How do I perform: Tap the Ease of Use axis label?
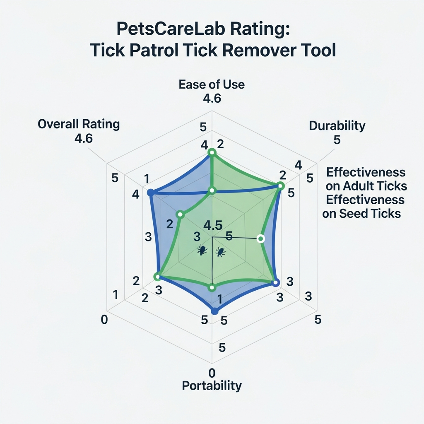212,85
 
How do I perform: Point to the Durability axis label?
337,126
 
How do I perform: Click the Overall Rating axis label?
79,124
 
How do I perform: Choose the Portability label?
212,386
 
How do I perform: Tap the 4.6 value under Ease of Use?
212,99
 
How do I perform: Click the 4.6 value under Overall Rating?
83,138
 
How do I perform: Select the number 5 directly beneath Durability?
337,140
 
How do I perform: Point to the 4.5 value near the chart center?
213,226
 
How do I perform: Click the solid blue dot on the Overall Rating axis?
151,193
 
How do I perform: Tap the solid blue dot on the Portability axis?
214,311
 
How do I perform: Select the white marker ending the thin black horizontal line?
260,238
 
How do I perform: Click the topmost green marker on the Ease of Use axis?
212,153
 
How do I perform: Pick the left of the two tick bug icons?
202,250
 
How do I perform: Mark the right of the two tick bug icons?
220,251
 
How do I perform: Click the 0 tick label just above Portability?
212,371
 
